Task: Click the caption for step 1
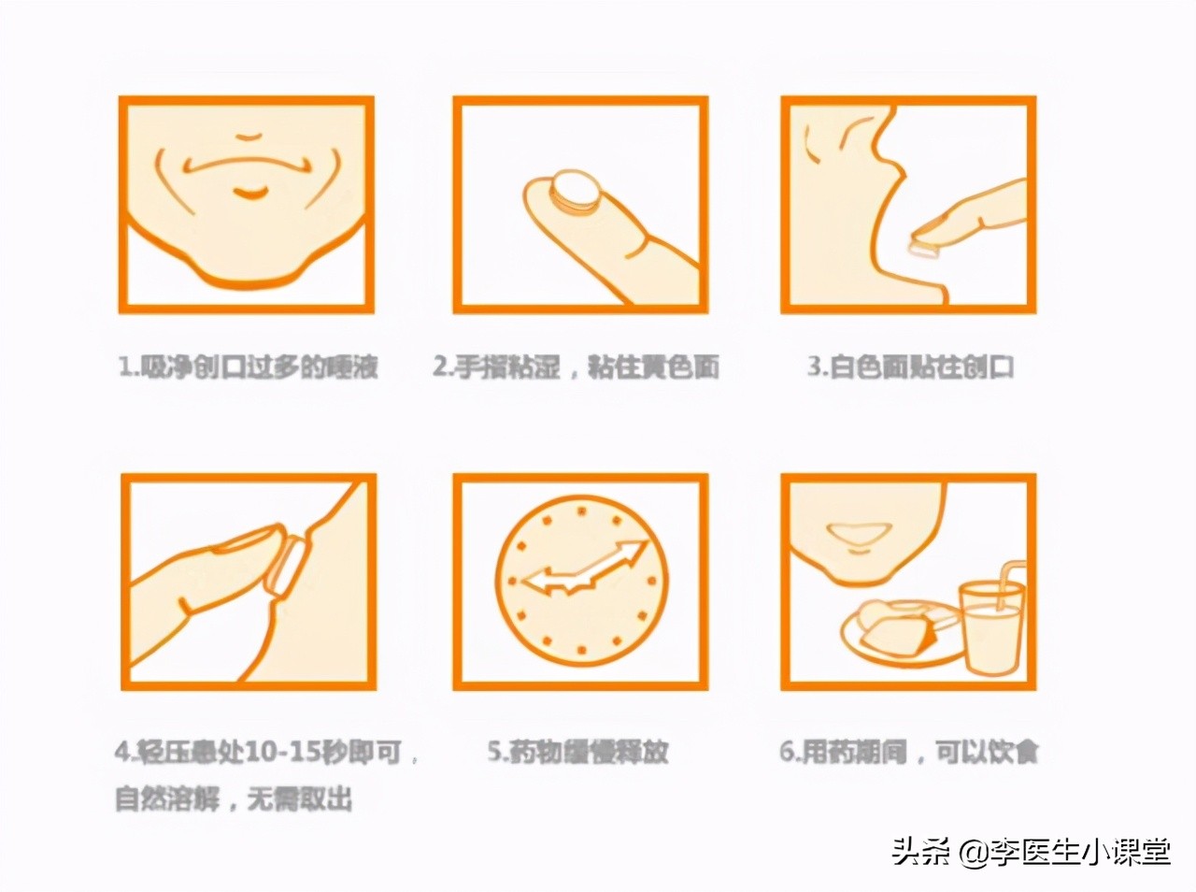click(x=248, y=367)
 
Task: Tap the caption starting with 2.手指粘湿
click(x=576, y=367)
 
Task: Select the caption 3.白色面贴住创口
click(x=911, y=367)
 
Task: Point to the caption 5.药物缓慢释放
click(x=578, y=752)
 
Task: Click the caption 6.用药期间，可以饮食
click(x=909, y=752)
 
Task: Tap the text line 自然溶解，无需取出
click(x=234, y=800)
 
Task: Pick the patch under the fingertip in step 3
click(x=923, y=247)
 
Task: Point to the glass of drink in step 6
click(x=992, y=626)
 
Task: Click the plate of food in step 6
click(x=897, y=631)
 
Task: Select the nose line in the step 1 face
click(x=249, y=137)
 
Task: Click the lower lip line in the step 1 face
click(x=249, y=194)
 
